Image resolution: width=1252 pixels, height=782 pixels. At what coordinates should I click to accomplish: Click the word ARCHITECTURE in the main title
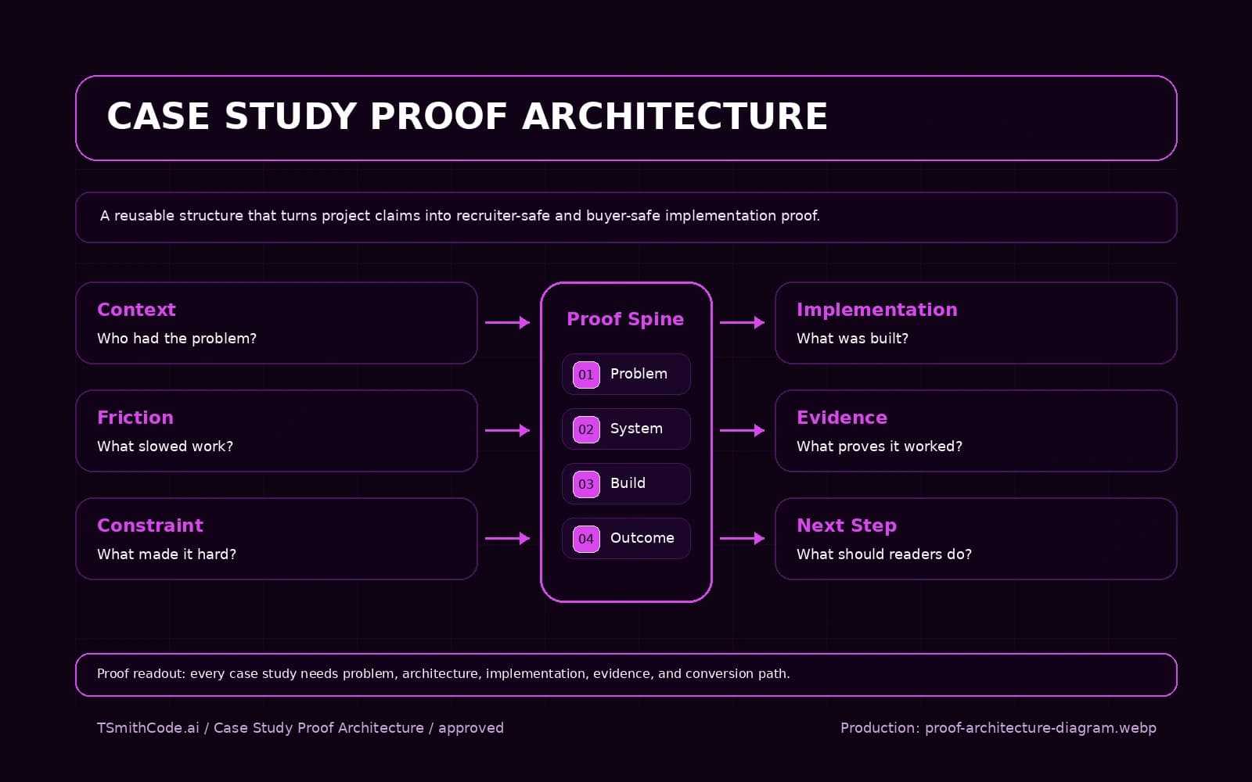click(x=675, y=117)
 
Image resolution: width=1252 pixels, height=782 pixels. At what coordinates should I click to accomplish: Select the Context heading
click(x=136, y=310)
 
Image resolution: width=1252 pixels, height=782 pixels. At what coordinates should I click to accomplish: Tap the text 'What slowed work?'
click(x=165, y=447)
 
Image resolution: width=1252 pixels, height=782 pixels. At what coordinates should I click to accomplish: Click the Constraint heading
click(x=150, y=526)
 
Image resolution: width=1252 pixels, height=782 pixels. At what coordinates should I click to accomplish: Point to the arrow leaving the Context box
click(x=507, y=322)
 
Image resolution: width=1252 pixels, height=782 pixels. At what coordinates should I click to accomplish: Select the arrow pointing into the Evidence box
click(x=741, y=430)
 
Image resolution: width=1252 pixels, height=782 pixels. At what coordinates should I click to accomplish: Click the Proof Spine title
click(x=625, y=319)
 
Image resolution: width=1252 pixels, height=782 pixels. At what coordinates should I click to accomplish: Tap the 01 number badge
click(x=586, y=375)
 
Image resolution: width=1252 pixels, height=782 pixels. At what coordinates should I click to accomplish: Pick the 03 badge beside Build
click(x=586, y=484)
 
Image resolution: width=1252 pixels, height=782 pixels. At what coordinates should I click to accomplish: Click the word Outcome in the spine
click(x=642, y=538)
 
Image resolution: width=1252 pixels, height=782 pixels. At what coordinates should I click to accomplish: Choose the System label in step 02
click(x=636, y=429)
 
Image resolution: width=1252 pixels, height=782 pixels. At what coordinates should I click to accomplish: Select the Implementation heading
click(x=876, y=310)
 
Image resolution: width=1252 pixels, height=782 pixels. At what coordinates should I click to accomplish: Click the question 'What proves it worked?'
click(x=879, y=447)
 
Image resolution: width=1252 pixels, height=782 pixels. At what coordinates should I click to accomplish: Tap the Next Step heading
click(x=846, y=526)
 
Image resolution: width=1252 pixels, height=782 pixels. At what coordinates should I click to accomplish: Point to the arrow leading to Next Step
click(x=741, y=538)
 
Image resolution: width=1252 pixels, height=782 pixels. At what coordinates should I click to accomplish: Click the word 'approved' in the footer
click(x=470, y=728)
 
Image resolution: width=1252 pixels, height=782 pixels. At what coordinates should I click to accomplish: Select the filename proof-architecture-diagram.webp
click(x=1040, y=728)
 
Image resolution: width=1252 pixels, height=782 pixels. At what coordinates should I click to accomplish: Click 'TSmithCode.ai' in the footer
click(x=148, y=728)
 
